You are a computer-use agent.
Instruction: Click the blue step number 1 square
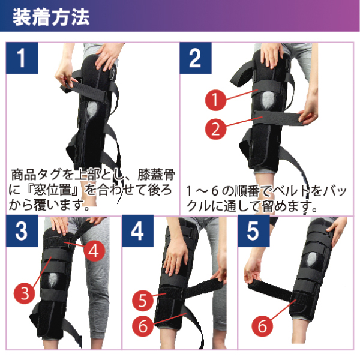pos(22,58)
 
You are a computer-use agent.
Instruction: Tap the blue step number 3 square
pos(22,232)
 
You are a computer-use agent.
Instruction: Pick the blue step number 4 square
pos(137,232)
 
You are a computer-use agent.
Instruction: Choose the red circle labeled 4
pos(93,250)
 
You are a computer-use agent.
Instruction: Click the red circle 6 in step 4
pos(142,326)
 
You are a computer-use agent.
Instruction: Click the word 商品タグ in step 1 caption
pos(36,176)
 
